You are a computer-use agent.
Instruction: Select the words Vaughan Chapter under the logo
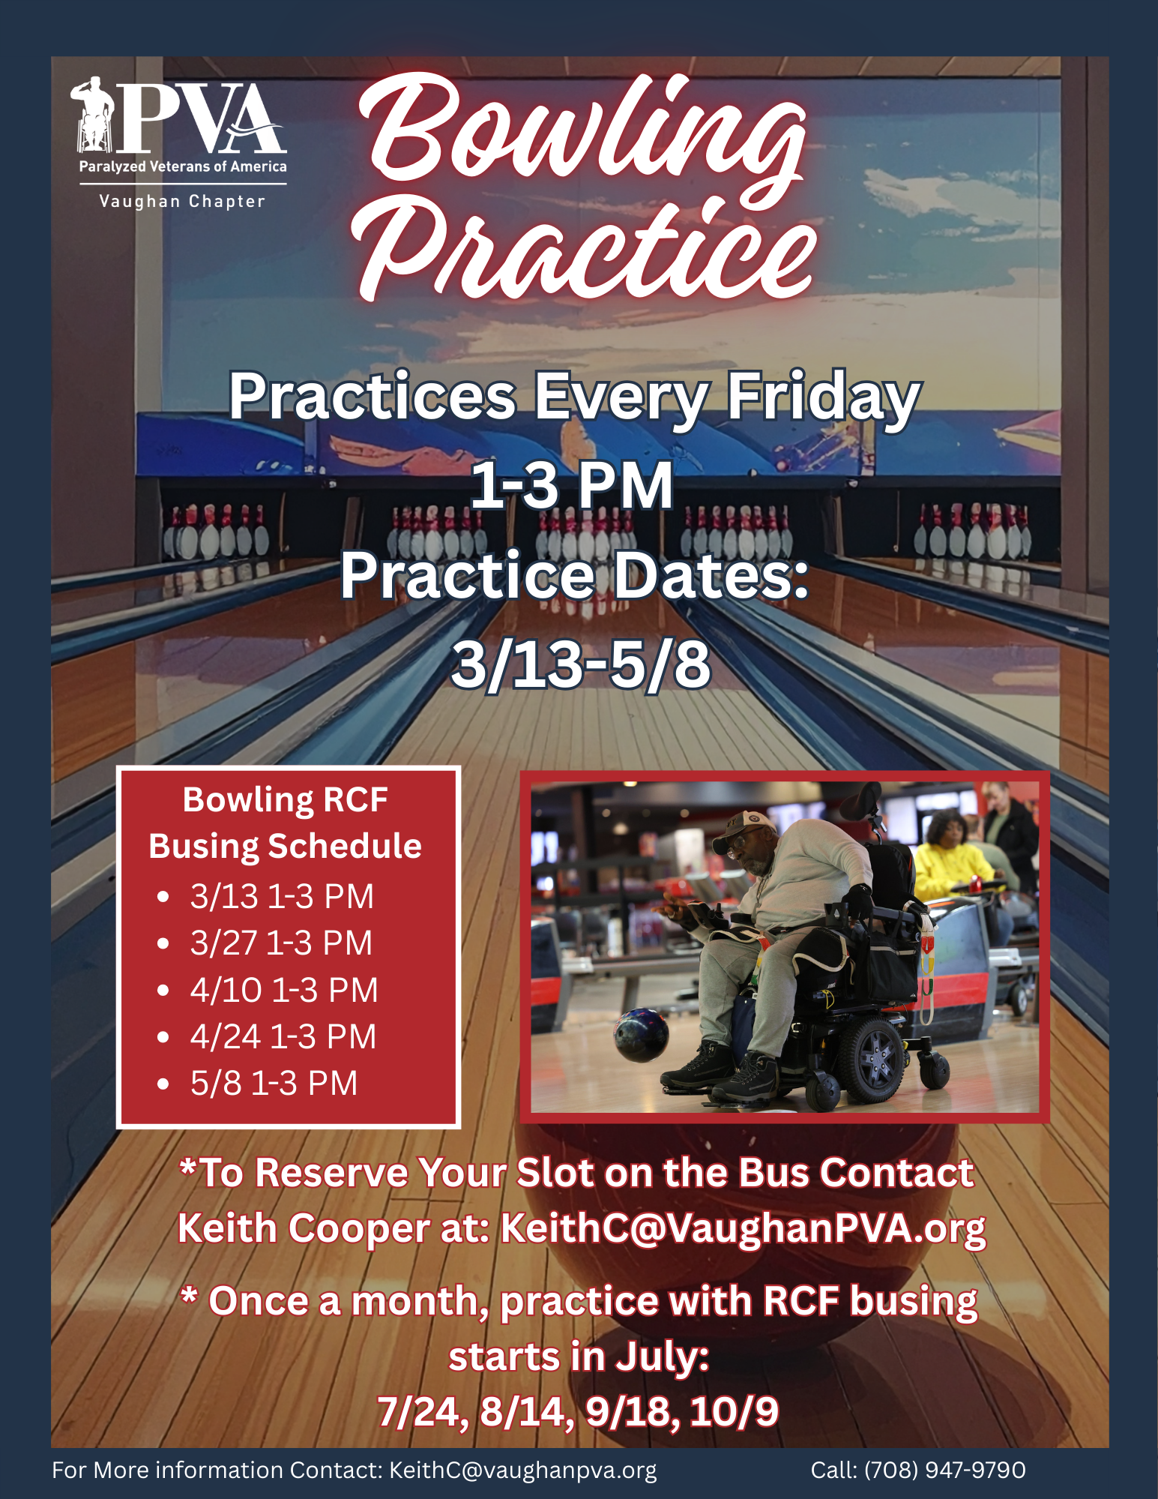coord(182,201)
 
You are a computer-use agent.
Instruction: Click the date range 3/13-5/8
coord(580,664)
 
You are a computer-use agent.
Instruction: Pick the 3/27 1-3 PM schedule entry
coord(281,943)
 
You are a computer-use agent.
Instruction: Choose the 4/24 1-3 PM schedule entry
coord(283,1036)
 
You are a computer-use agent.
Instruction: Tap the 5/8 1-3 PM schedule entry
coord(274,1083)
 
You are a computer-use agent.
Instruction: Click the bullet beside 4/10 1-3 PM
coord(163,991)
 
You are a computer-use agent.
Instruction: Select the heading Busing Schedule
coord(285,847)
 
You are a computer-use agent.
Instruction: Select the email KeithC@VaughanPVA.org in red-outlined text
coord(743,1229)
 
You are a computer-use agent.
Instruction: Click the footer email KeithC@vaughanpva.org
coord(522,1471)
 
